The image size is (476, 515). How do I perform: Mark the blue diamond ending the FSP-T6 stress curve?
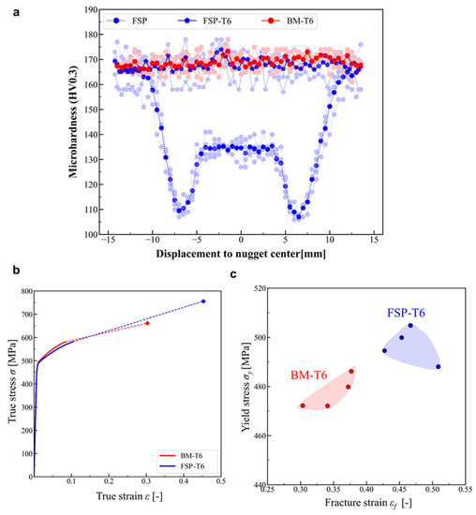pos(203,302)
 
